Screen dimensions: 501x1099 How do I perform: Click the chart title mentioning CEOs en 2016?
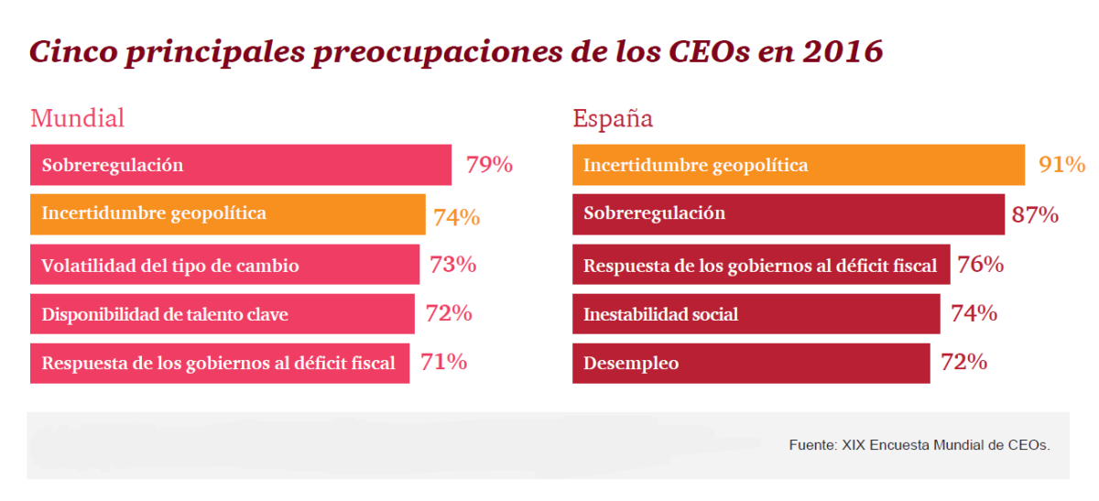point(456,51)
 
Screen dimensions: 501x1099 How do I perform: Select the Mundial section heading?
point(77,118)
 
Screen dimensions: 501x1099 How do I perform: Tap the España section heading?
point(613,118)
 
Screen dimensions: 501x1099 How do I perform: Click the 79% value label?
point(489,166)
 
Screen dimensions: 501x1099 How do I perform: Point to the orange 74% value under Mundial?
point(456,218)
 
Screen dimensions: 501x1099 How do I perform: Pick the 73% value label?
point(452,266)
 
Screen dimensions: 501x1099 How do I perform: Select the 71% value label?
point(443,362)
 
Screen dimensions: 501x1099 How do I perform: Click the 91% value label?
point(1061,165)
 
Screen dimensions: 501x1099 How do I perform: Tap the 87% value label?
point(1035,215)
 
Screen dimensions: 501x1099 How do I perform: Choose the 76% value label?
point(980,265)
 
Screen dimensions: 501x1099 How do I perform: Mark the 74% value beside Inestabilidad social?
point(974,313)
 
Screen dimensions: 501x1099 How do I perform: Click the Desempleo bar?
point(751,364)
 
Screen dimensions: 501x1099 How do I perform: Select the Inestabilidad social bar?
point(756,314)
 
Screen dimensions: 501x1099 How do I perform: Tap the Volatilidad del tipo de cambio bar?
point(224,266)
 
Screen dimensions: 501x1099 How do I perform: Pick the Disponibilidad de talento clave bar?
point(222,314)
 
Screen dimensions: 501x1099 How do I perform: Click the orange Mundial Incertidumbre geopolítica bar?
point(227,214)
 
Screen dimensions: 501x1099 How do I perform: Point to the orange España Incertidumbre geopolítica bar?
point(798,166)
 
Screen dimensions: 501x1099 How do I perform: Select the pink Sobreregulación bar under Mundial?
point(240,166)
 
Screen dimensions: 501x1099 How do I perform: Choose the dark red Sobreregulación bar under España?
point(788,214)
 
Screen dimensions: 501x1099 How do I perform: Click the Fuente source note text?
point(919,444)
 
